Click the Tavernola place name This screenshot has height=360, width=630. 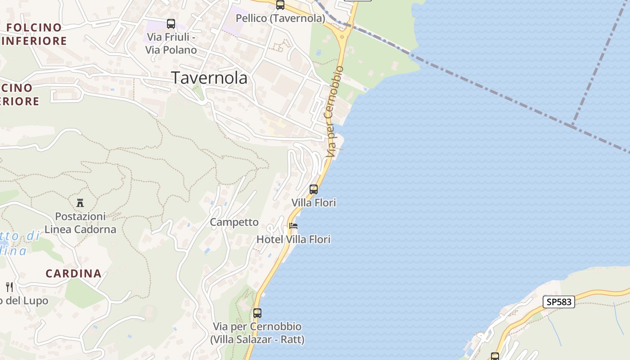(209, 78)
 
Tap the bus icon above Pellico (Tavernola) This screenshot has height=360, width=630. (280, 5)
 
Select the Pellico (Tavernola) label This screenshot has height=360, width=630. (280, 18)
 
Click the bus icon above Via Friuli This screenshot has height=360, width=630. (171, 24)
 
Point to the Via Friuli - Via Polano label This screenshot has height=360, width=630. (171, 44)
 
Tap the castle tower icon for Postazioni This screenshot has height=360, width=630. (81, 203)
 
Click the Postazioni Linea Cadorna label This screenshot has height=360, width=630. (81, 223)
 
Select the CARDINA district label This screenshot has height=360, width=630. (73, 273)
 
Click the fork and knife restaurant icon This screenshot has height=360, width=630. (9, 287)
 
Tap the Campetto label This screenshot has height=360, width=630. (234, 222)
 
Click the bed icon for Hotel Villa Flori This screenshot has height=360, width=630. (294, 226)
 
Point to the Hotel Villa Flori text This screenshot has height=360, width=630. (293, 239)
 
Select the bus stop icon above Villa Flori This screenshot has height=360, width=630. (314, 189)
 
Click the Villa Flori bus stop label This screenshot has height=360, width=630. (314, 203)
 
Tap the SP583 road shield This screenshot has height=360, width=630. (559, 302)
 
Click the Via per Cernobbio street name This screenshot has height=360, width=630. (333, 112)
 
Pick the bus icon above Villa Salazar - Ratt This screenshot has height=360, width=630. (257, 313)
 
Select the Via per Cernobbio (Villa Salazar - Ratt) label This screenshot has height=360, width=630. (257, 333)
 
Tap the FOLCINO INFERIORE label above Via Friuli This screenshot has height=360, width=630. (35, 34)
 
